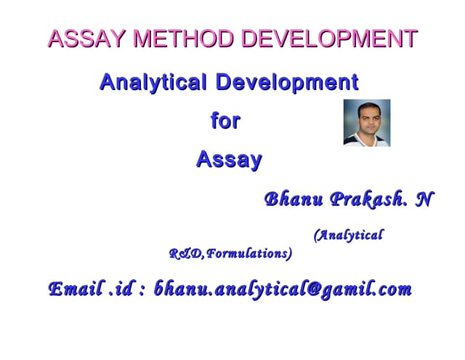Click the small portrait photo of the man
point(366,123)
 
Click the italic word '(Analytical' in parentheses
point(348,235)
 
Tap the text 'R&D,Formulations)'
point(231,254)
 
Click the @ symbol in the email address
point(313,289)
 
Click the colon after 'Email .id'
point(141,291)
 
